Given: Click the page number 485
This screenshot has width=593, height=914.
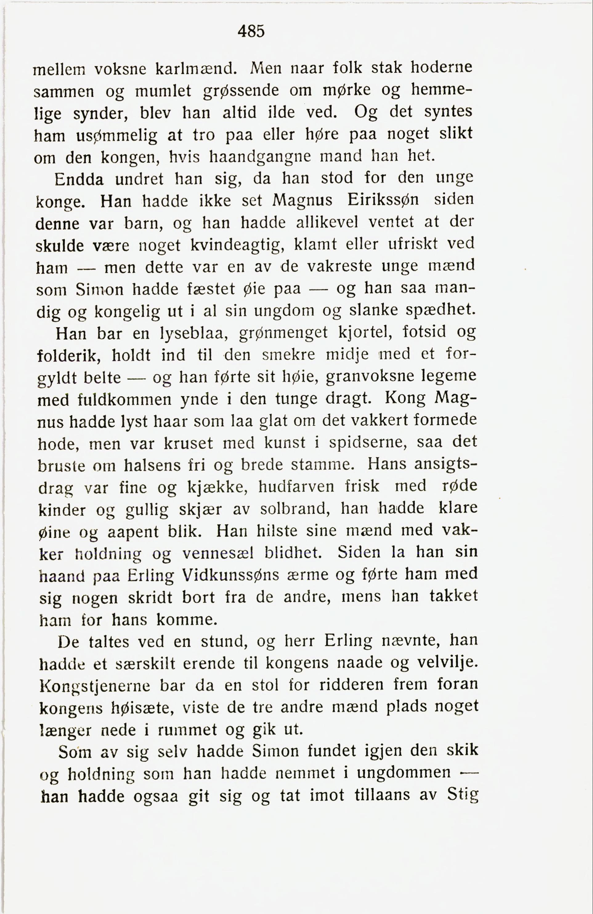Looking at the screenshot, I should tap(251, 31).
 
